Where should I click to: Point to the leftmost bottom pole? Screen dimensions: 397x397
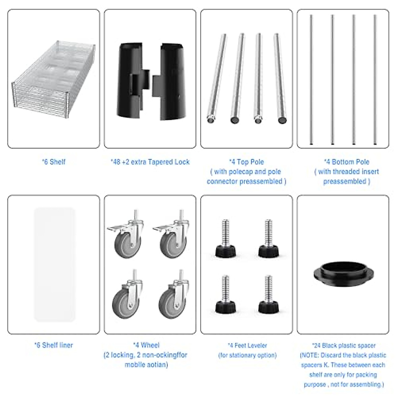(311, 79)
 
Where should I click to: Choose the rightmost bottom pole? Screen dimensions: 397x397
(375, 79)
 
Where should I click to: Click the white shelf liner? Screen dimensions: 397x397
(55, 265)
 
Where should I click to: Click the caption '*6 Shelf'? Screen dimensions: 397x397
(54, 162)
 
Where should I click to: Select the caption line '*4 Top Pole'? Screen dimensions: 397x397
(246, 162)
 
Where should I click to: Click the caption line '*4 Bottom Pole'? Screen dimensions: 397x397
(346, 162)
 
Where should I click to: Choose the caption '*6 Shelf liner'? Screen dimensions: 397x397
(54, 345)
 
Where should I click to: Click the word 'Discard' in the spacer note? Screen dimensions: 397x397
(339, 355)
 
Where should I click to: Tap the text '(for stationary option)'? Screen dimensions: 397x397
(247, 355)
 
